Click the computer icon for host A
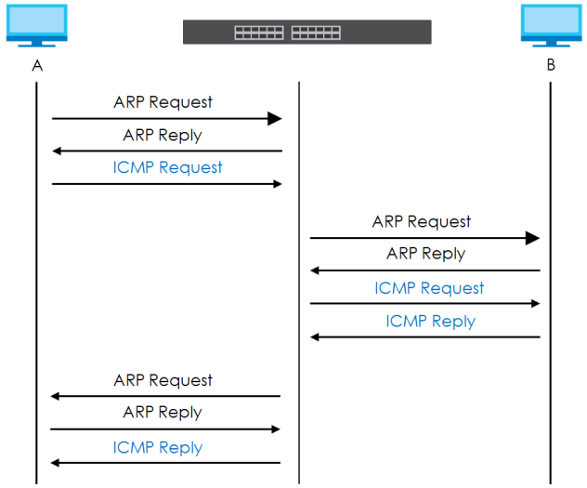[37, 25]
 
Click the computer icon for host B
[551, 25]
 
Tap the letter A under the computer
[37, 66]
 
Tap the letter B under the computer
[551, 65]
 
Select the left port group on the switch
[259, 33]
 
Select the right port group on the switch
[316, 33]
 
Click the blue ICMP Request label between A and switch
[167, 167]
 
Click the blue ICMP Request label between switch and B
[429, 288]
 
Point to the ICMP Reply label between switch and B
[431, 322]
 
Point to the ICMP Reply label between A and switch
[158, 447]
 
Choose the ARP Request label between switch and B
[422, 222]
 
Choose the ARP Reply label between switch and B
[426, 254]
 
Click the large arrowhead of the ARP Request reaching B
[532, 238]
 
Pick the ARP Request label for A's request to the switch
[163, 102]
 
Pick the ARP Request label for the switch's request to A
[163, 380]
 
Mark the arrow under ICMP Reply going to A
[165, 463]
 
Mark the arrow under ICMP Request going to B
[424, 303]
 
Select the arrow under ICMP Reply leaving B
[424, 337]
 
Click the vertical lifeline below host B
[550, 284]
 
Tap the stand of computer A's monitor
[37, 44]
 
